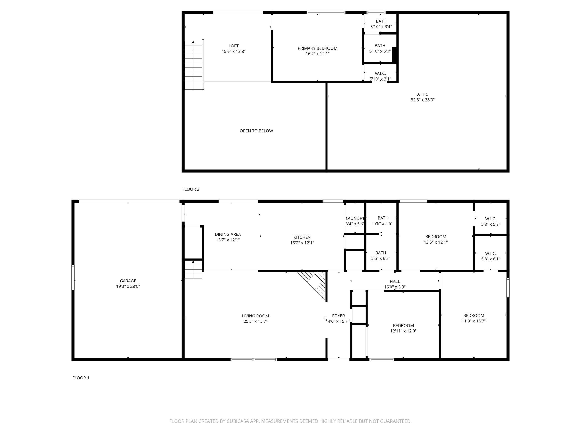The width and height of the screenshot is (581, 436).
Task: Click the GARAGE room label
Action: click(x=128, y=281)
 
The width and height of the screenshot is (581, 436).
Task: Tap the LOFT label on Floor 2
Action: click(x=234, y=46)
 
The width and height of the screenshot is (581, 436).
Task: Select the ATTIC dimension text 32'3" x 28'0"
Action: click(x=423, y=100)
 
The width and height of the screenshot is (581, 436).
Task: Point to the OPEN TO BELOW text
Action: click(x=256, y=131)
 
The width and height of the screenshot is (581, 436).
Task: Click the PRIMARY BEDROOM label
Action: click(x=317, y=48)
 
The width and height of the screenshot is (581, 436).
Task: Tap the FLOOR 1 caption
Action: click(x=81, y=378)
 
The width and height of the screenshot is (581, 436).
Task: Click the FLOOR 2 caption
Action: click(x=191, y=189)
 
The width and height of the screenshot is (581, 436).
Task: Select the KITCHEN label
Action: click(x=302, y=237)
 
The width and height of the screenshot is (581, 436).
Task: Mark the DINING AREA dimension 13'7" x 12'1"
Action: click(x=228, y=240)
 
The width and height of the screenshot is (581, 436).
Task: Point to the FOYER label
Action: click(x=338, y=316)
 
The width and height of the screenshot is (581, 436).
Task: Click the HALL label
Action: click(x=395, y=281)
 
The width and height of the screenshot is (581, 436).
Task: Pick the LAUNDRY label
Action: click(x=355, y=218)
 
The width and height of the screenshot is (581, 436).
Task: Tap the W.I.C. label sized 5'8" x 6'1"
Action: click(x=491, y=254)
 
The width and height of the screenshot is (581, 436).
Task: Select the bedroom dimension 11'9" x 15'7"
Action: click(x=474, y=321)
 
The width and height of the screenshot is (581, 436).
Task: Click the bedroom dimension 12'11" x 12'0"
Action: click(x=403, y=331)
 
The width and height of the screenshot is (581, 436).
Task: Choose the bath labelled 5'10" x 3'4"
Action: click(x=381, y=21)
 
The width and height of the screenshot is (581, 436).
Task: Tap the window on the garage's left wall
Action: click(x=73, y=278)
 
